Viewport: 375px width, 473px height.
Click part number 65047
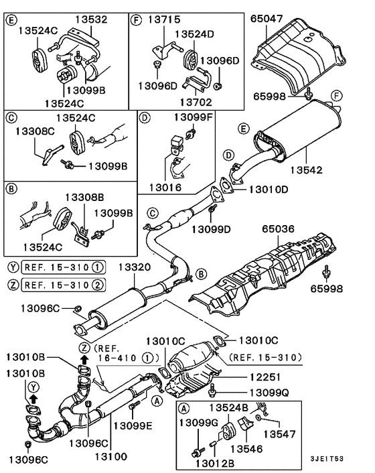pyautogui.click(x=267, y=19)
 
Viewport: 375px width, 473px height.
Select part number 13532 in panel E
pyautogui.click(x=91, y=19)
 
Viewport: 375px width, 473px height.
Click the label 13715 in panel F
pyautogui.click(x=164, y=19)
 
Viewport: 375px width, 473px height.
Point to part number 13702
pyautogui.click(x=196, y=102)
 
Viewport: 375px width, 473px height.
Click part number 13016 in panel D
pyautogui.click(x=165, y=188)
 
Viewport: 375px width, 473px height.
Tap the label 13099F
pyautogui.click(x=194, y=117)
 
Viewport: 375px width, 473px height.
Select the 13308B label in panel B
pyautogui.click(x=84, y=197)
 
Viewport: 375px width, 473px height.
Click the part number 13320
pyautogui.click(x=134, y=267)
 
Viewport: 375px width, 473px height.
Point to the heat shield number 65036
pyautogui.click(x=278, y=229)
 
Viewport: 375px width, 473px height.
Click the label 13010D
pyautogui.click(x=269, y=190)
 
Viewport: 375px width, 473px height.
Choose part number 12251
pyautogui.click(x=265, y=377)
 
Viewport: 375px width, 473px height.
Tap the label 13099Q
pyautogui.click(x=269, y=393)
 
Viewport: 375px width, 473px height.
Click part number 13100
pyautogui.click(x=111, y=456)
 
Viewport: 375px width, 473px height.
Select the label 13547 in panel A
pyautogui.click(x=279, y=434)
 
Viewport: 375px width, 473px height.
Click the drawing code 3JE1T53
pyautogui.click(x=327, y=459)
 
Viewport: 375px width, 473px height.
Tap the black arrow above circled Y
pyautogui.click(x=33, y=399)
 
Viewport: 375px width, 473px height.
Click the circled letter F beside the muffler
pyautogui.click(x=336, y=96)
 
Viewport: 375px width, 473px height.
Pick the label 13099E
pyautogui.click(x=133, y=425)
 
